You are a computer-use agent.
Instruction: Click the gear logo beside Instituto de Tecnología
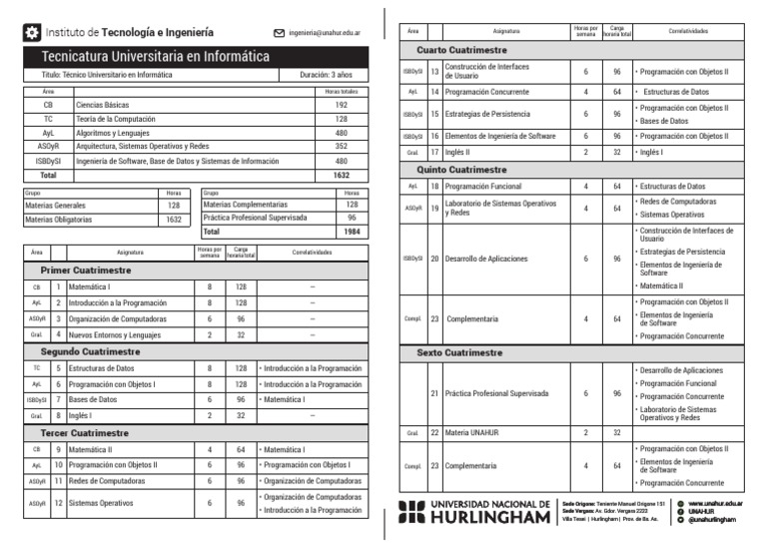point(32,33)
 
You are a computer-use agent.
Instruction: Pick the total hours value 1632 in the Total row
point(342,174)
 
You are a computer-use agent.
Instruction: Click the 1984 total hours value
point(351,232)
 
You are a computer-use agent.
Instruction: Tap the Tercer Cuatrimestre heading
point(84,433)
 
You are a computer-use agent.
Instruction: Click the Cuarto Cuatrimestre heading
point(461,49)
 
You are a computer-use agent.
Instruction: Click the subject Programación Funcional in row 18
point(485,187)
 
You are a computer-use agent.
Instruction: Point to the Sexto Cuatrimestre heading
point(459,353)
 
